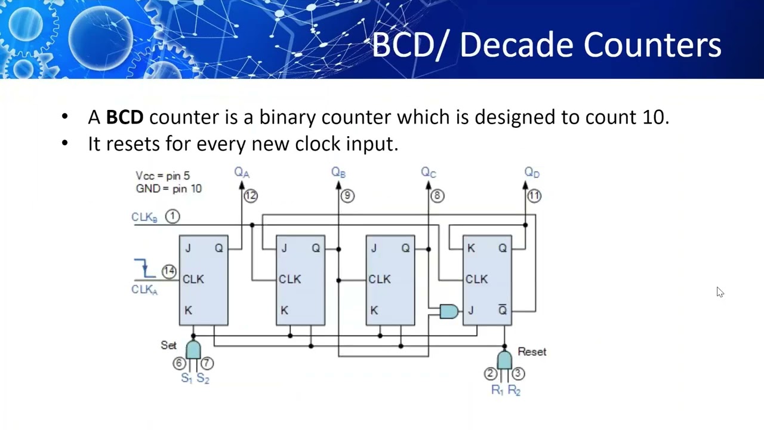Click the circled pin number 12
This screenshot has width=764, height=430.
click(250, 195)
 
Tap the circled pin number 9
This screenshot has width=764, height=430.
click(347, 195)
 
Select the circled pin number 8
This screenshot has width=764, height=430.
click(437, 195)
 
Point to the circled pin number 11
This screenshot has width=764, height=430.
click(534, 195)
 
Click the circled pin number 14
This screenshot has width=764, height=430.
click(169, 271)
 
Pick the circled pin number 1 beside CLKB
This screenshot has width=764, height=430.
click(172, 216)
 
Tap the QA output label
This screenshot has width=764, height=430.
click(241, 173)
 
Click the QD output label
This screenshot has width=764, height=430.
click(532, 173)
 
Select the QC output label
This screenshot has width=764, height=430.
click(429, 173)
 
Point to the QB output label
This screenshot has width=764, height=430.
click(338, 173)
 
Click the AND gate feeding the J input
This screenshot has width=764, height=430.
click(449, 311)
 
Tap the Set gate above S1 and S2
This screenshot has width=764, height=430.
click(193, 350)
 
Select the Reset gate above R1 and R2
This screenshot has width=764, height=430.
click(504, 360)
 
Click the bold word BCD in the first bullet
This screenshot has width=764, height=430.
click(125, 117)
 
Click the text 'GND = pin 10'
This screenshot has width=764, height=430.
click(169, 189)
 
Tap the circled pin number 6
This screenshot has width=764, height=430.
click(178, 363)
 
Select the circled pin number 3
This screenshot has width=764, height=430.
click(517, 373)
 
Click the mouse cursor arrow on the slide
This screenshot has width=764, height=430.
click(720, 292)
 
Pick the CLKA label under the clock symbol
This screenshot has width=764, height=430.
click(144, 290)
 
